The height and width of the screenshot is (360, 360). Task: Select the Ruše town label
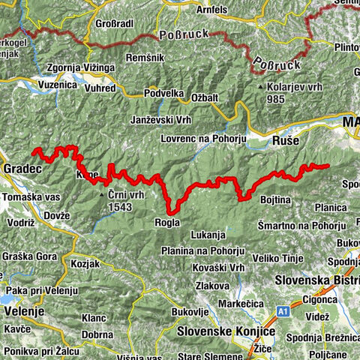pyautogui.click(x=286, y=140)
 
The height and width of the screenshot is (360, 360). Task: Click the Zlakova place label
pyautogui.click(x=212, y=285)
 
